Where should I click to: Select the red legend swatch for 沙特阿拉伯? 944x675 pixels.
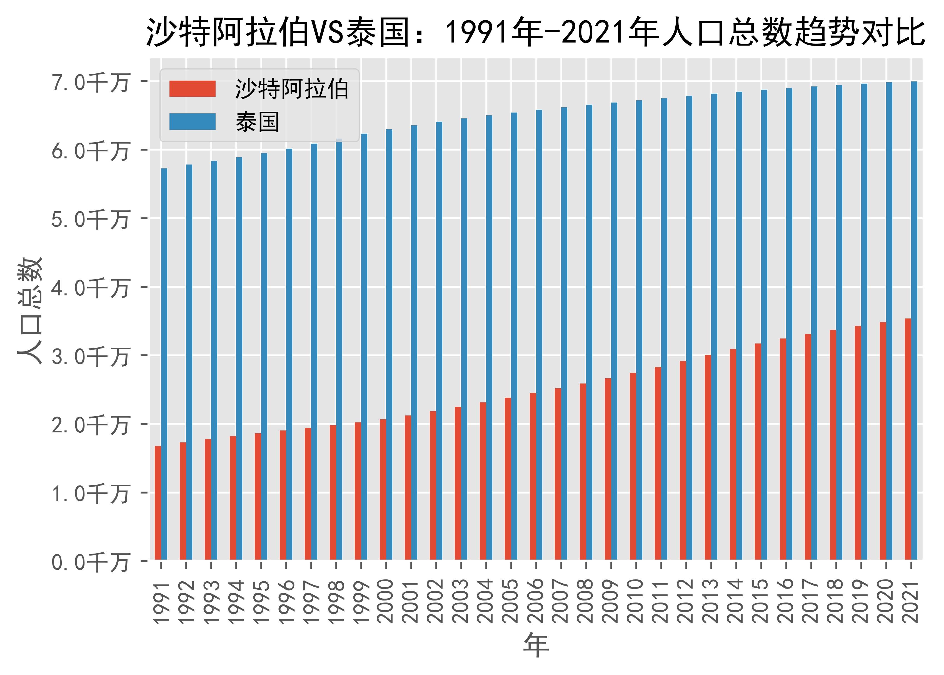(x=192, y=89)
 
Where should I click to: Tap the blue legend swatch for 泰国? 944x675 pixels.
(x=192, y=121)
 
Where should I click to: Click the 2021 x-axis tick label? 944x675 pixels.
(x=911, y=602)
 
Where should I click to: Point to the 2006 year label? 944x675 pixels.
(x=536, y=602)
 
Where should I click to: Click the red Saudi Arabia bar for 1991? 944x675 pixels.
(x=158, y=503)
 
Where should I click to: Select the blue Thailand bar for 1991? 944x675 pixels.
(x=164, y=364)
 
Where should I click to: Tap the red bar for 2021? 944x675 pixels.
(x=908, y=439)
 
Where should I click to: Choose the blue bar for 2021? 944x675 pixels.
(x=914, y=320)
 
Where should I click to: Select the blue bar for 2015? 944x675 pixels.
(x=764, y=324)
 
